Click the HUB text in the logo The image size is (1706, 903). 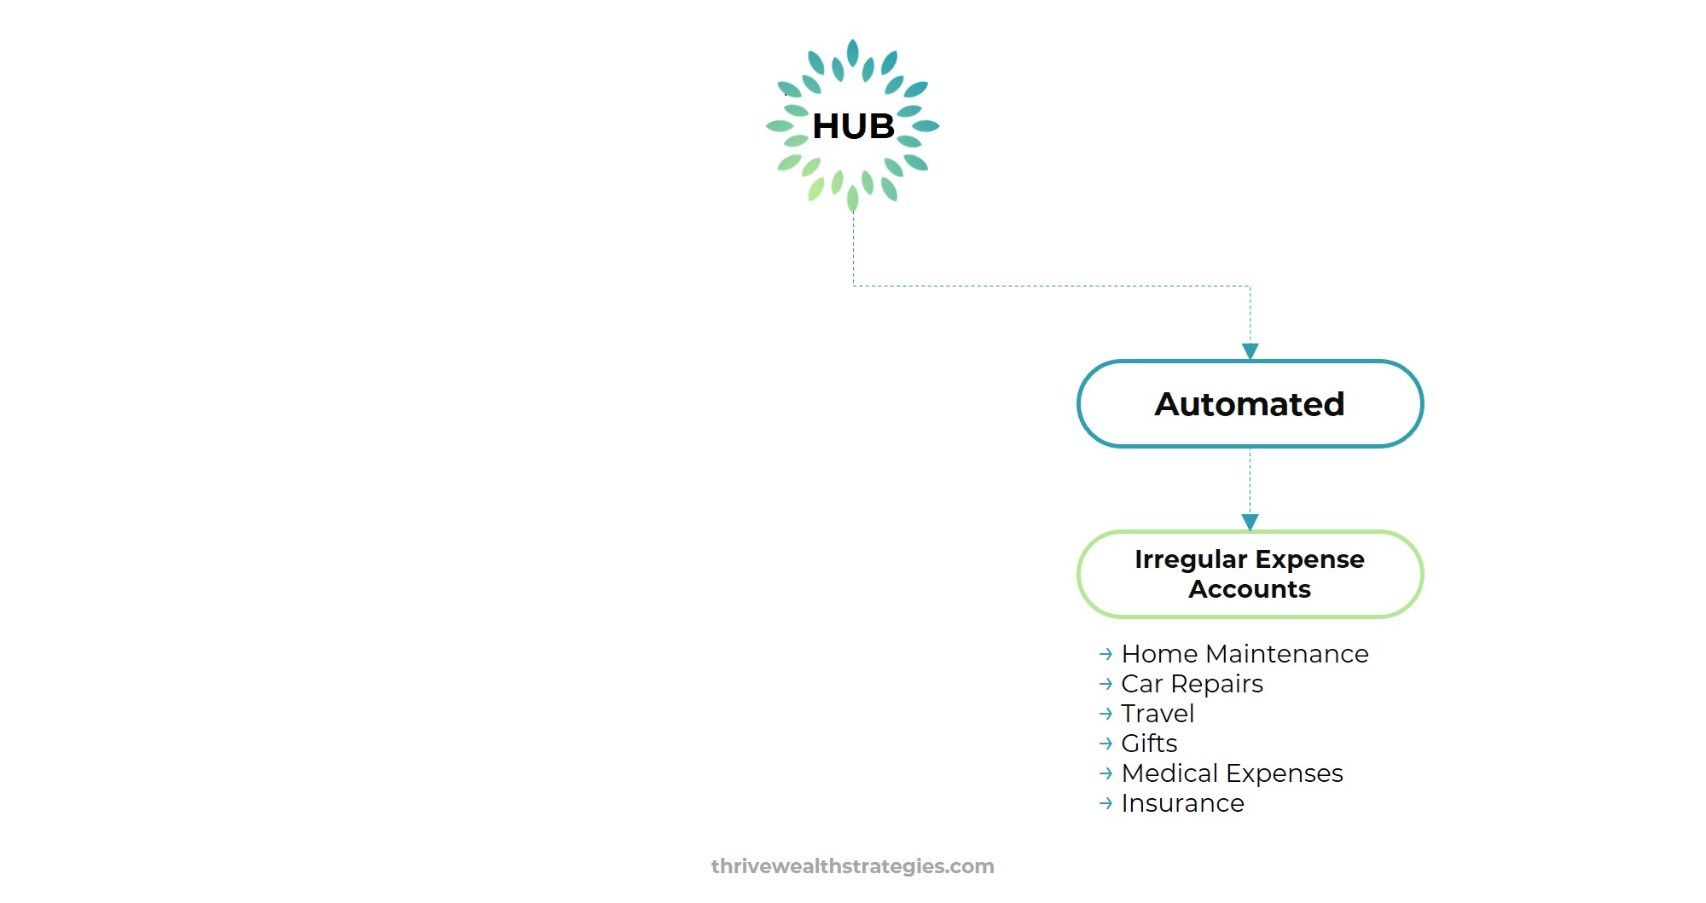(x=853, y=126)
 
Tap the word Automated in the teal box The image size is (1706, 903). (x=1249, y=404)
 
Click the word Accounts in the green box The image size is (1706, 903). (x=1249, y=589)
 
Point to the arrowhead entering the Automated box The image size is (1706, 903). (x=1250, y=351)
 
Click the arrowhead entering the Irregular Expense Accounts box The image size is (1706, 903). (x=1250, y=522)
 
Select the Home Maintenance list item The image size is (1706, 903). (x=1244, y=654)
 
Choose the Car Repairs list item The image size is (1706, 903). (x=1191, y=684)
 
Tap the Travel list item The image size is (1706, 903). (x=1157, y=714)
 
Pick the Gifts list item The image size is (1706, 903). (x=1148, y=744)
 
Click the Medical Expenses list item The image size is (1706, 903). (x=1231, y=773)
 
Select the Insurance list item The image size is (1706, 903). (x=1181, y=803)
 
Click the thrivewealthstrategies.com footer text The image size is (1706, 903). (x=852, y=866)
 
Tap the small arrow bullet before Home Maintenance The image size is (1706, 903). (x=1105, y=654)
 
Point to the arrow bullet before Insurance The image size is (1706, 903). (x=1105, y=803)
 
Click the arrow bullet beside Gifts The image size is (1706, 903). (x=1105, y=744)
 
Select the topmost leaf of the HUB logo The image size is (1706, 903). (x=852, y=53)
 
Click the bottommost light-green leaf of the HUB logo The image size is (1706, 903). (x=852, y=199)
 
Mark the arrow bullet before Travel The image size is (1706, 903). (x=1105, y=714)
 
